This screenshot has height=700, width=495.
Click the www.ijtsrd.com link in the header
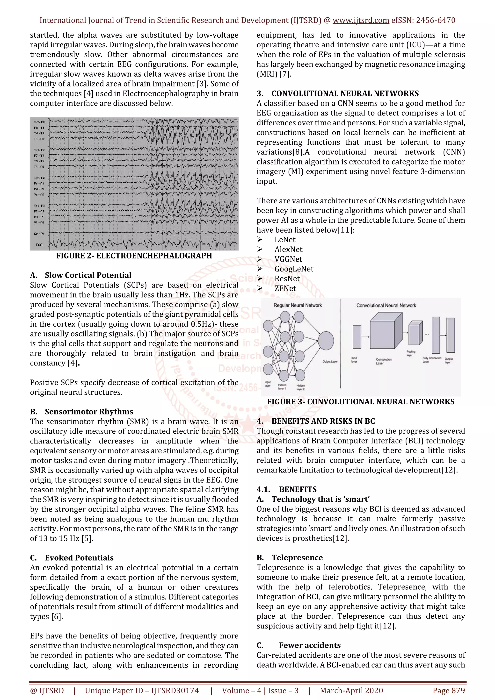(361, 21)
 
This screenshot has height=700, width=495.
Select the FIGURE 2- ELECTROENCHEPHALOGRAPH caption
(134, 256)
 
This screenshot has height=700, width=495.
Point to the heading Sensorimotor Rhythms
(89, 412)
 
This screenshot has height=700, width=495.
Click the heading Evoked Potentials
(79, 558)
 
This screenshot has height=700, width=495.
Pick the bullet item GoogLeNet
(294, 269)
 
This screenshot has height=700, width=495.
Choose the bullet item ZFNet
(285, 288)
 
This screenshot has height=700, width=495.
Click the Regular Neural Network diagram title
(297, 305)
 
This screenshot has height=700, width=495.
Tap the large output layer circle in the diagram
(326, 341)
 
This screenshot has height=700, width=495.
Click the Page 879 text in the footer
(449, 691)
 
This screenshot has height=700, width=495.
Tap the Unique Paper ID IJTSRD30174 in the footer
(142, 691)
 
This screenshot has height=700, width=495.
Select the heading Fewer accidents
(310, 645)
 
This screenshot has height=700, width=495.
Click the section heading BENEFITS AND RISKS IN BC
(323, 421)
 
